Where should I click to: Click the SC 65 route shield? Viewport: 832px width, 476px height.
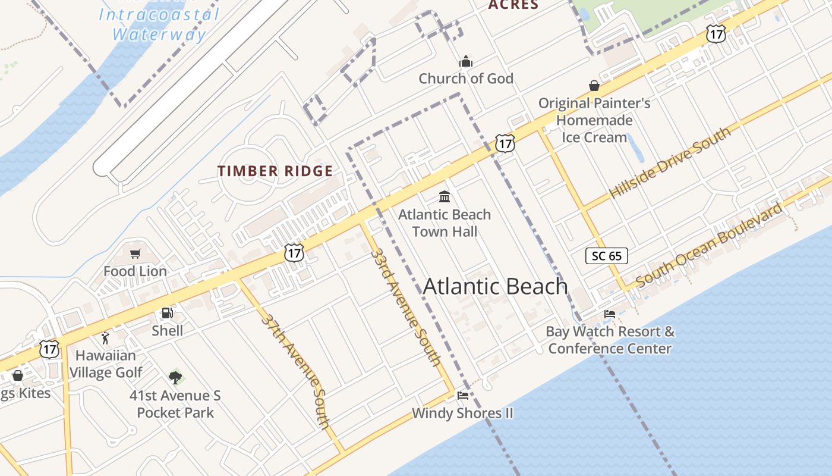607,256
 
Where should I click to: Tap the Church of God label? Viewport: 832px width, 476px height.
466,79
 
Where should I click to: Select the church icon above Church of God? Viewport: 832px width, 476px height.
466,61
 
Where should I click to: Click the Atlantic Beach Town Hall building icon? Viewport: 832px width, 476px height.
444,196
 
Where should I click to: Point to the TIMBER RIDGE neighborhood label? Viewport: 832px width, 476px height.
275,171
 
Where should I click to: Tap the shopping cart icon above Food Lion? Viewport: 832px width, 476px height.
135,254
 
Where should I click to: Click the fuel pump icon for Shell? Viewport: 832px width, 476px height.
168,313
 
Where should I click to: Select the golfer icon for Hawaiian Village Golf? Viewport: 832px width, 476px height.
106,339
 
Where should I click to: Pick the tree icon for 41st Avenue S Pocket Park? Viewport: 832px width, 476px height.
175,377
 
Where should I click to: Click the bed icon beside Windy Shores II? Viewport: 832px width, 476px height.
463,396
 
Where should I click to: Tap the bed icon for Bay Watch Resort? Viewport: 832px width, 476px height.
610,314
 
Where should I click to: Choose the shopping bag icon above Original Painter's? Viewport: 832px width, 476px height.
594,86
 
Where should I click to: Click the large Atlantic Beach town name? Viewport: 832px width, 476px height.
495,287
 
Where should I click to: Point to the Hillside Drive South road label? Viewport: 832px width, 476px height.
670,163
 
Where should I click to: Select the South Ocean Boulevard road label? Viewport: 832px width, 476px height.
709,245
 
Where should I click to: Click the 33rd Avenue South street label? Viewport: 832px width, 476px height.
405,306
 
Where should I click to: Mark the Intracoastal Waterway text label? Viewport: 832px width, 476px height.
159,24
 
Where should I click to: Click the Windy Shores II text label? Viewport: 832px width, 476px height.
462,413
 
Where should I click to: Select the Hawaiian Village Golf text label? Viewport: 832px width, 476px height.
106,364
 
